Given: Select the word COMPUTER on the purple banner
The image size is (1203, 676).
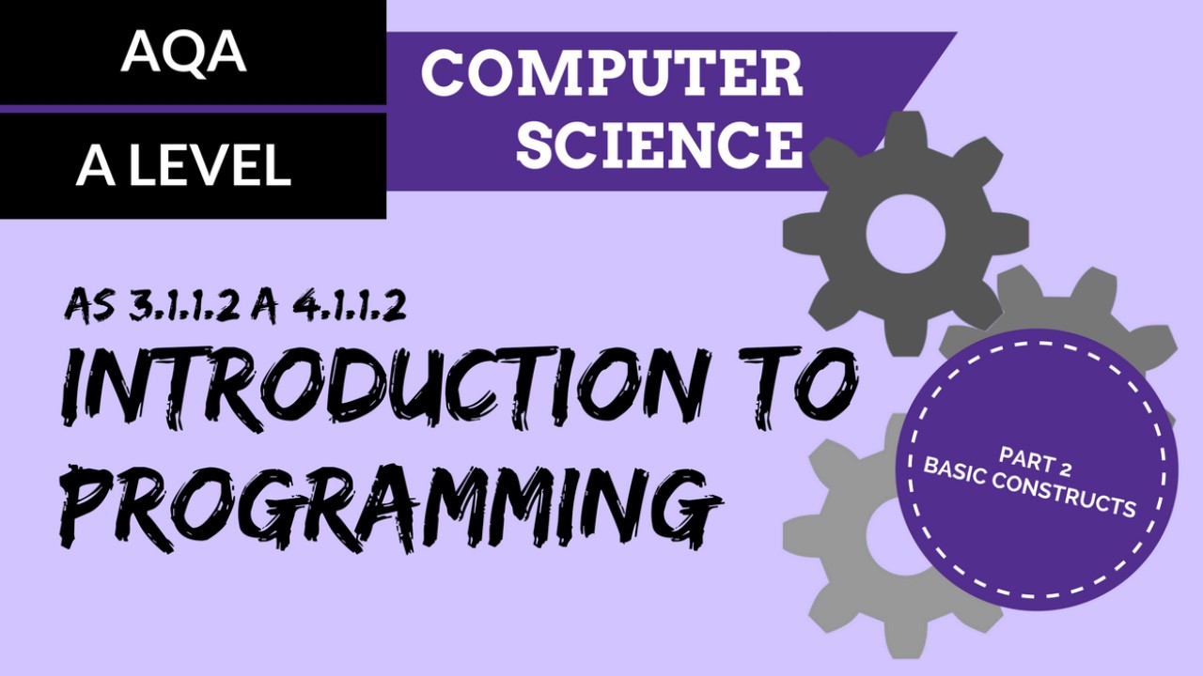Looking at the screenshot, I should (612, 73).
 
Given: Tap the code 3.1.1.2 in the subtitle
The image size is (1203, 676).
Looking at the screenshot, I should (180, 306).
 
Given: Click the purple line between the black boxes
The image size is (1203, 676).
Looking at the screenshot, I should (193, 109).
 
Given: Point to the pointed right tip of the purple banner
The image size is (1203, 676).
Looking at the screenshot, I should (954, 35).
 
